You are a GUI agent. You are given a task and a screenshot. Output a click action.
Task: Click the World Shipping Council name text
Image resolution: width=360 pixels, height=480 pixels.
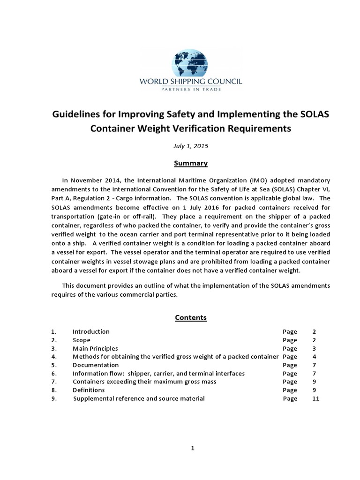191,82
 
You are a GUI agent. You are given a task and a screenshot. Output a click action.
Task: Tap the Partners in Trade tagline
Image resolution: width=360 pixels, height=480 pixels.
191,89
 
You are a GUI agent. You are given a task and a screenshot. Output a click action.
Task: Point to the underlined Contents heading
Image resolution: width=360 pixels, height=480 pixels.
191,317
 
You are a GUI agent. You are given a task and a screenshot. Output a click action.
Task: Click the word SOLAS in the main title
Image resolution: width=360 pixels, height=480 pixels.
312,115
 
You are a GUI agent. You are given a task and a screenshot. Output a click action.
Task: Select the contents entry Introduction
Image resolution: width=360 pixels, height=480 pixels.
91,331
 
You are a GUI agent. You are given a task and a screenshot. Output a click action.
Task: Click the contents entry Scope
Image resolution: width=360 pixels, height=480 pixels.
82,340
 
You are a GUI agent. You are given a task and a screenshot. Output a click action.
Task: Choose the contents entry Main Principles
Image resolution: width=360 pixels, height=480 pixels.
95,348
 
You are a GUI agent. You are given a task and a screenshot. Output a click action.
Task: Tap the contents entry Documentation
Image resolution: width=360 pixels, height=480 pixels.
96,365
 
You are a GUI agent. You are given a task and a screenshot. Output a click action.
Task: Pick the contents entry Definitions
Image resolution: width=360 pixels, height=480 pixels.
89,390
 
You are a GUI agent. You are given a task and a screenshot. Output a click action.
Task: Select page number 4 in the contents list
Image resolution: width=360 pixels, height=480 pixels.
314,357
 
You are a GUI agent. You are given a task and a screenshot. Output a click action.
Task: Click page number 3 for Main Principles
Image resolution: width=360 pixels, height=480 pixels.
314,348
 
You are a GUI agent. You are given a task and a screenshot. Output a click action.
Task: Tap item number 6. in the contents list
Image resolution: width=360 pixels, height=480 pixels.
54,374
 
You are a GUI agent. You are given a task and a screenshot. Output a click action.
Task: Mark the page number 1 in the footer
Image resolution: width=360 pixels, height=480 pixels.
192,448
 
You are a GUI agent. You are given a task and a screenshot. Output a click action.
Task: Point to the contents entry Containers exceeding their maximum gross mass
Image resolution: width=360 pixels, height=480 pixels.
144,382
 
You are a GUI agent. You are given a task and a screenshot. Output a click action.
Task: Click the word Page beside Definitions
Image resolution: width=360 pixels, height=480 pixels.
290,390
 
